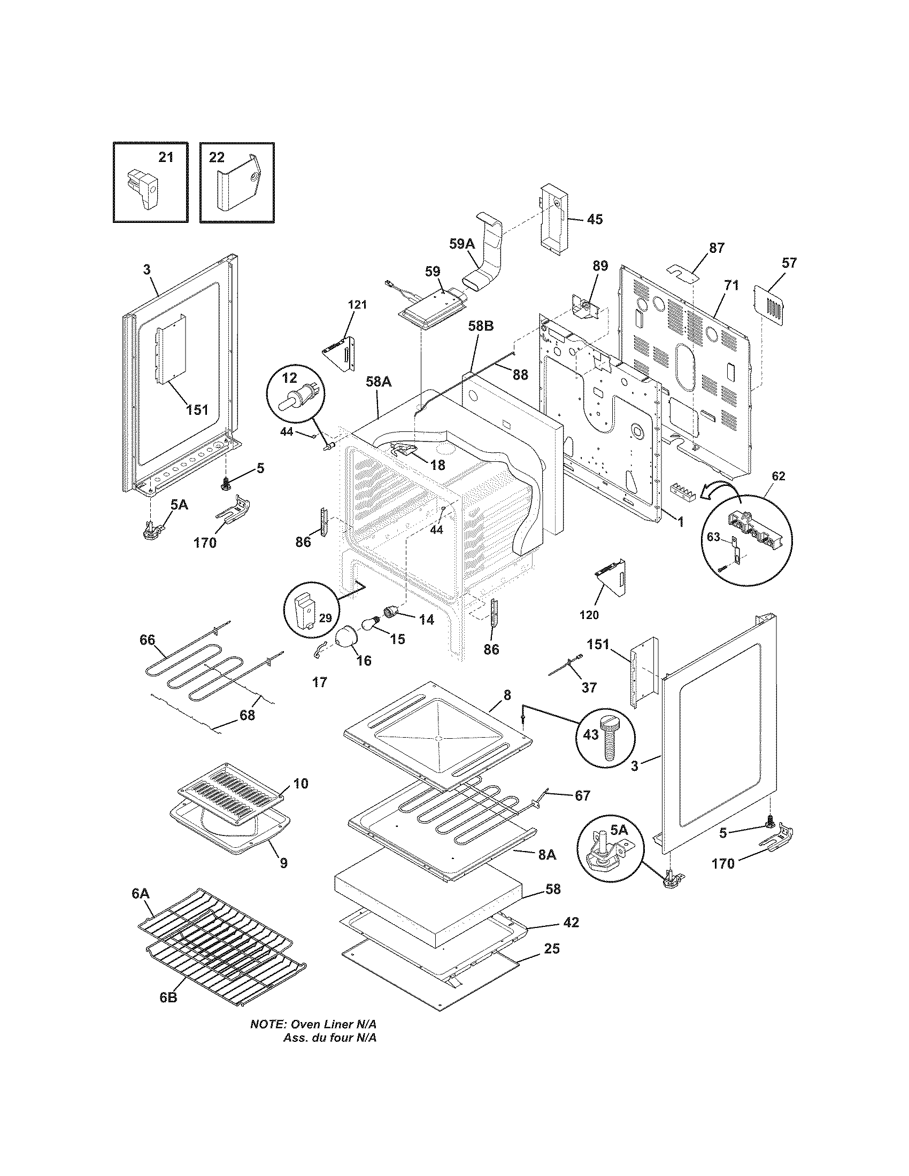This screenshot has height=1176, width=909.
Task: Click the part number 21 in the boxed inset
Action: click(x=166, y=157)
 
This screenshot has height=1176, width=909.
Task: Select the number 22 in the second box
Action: click(x=217, y=157)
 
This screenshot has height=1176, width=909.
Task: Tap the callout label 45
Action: click(x=595, y=219)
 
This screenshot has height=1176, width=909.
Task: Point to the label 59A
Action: click(x=462, y=243)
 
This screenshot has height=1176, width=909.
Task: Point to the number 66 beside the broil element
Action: click(x=147, y=640)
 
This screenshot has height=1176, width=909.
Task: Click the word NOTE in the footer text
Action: click(x=267, y=1039)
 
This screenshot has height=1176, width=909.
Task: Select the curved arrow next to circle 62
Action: click(x=719, y=489)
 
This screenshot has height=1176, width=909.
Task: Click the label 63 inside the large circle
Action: click(x=713, y=536)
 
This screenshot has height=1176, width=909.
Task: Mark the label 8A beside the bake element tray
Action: click(x=546, y=855)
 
